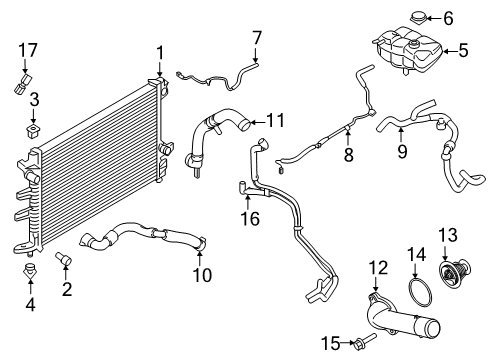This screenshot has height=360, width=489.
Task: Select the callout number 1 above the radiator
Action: coord(157,51)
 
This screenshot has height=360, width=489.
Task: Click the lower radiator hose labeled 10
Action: coord(150,241)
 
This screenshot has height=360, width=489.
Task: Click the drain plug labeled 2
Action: coord(67,262)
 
